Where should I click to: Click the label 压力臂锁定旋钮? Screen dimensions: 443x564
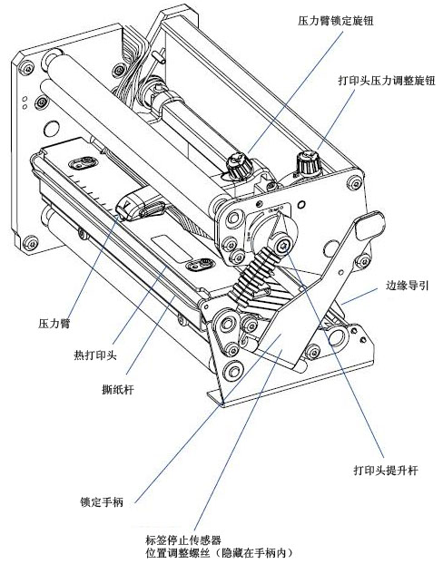click(335, 21)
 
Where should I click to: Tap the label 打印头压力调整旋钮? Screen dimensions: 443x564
click(387, 80)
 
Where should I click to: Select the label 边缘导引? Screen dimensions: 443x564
click(408, 286)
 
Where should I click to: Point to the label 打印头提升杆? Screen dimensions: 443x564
click(386, 470)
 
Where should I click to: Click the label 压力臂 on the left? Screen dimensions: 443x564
click(54, 324)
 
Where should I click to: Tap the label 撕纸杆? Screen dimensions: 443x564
click(118, 390)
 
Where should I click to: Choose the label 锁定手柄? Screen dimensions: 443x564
click(102, 501)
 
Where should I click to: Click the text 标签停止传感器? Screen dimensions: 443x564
click(183, 540)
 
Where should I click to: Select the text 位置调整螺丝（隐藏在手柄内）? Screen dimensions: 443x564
click(221, 552)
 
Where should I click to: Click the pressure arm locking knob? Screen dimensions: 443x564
click(239, 165)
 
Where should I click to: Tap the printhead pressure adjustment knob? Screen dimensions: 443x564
click(309, 162)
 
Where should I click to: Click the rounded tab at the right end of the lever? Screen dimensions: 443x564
click(370, 226)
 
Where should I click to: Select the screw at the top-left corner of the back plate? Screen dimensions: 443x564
click(27, 67)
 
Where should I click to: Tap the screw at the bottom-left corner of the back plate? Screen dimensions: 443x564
click(30, 243)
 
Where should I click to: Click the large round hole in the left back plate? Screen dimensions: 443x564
click(51, 129)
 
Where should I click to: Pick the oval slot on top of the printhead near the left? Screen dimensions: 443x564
click(84, 162)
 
